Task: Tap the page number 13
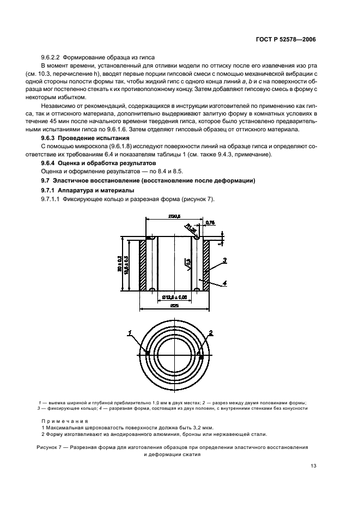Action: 313,465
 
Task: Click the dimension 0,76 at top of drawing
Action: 211,222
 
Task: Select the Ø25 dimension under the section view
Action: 175,306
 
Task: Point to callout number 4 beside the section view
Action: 224,282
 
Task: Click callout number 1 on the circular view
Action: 130,332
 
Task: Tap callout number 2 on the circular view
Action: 210,332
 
